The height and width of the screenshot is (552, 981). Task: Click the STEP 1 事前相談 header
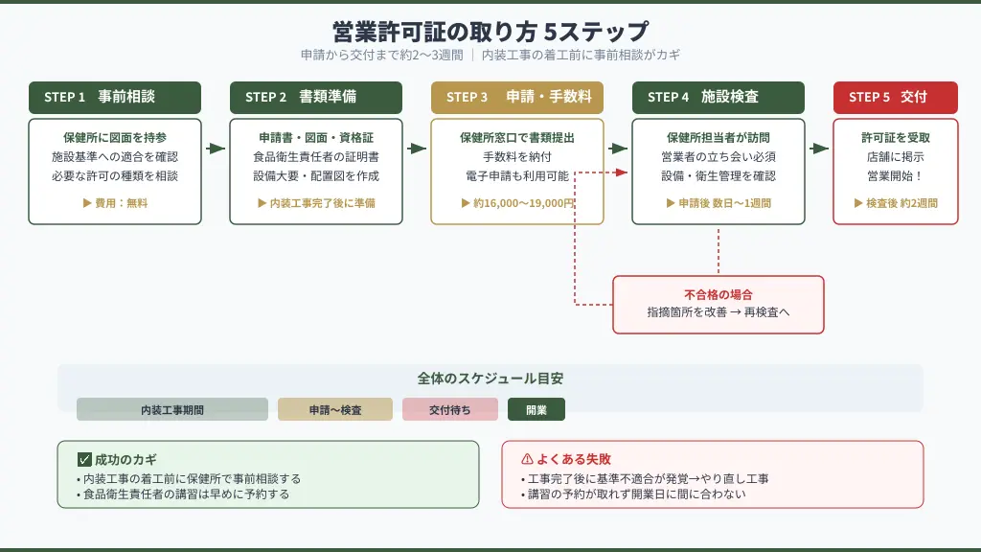tap(115, 97)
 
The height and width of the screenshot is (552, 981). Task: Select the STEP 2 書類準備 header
tap(316, 97)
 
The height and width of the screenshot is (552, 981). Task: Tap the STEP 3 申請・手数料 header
tap(517, 97)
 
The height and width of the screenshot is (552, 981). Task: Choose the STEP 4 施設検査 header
tap(719, 97)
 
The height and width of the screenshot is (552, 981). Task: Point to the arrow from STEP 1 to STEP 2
tap(216, 149)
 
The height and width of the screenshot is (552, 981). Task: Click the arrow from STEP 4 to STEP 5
tap(819, 149)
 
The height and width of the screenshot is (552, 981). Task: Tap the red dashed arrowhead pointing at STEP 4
tap(622, 172)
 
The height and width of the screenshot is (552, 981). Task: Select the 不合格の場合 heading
tap(718, 294)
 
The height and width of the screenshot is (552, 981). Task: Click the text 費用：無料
tap(116, 203)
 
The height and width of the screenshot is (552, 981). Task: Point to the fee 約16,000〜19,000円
tap(517, 203)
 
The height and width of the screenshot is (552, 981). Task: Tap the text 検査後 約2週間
tap(896, 203)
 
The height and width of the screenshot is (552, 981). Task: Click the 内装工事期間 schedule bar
tap(172, 409)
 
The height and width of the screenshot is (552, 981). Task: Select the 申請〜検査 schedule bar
tap(335, 409)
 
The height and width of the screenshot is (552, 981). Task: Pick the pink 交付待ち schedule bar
tap(450, 409)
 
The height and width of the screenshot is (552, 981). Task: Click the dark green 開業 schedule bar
tap(536, 409)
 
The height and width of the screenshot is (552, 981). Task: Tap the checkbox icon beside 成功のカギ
tap(84, 459)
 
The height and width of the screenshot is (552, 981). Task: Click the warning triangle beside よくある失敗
tap(526, 459)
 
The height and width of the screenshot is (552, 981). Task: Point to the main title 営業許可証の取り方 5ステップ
tap(490, 32)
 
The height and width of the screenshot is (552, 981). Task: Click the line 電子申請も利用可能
tap(517, 175)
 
